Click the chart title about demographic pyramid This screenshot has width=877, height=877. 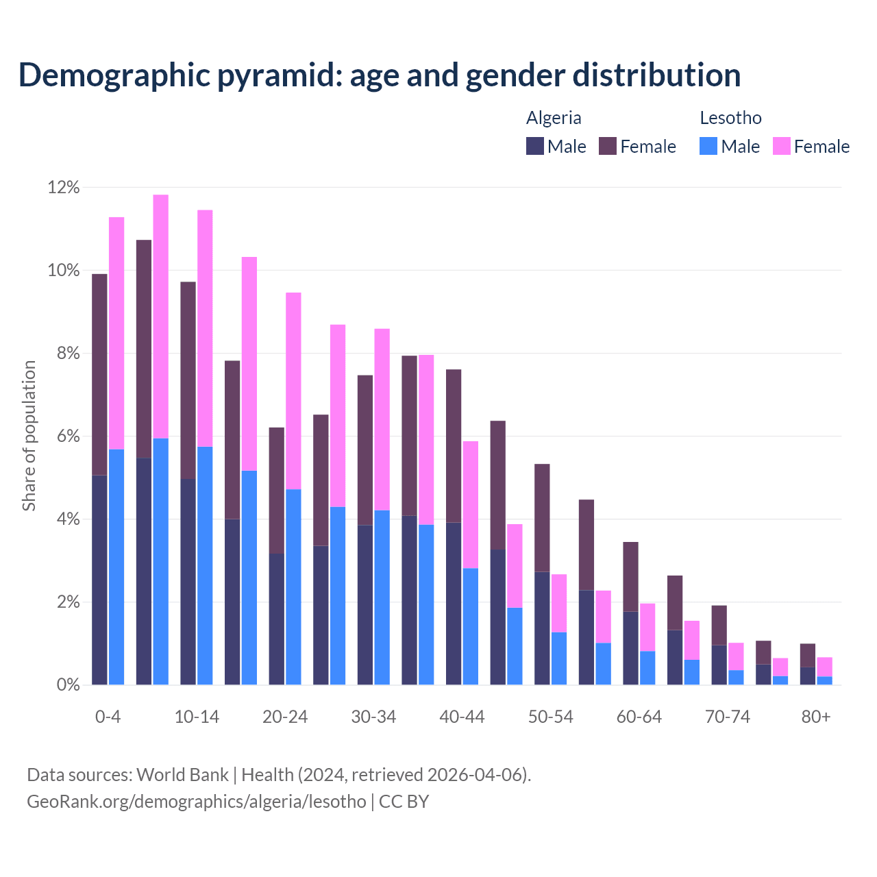[380, 75]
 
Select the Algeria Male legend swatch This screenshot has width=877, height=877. [535, 146]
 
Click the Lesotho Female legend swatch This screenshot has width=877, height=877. [782, 146]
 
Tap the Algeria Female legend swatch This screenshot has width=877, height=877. [608, 146]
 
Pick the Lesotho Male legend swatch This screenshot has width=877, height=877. [708, 146]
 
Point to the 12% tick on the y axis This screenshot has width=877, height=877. [64, 187]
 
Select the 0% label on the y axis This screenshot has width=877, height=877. [67, 685]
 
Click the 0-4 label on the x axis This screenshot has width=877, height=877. [108, 717]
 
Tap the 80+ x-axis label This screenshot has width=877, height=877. [816, 717]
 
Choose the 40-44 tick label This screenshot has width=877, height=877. [462, 717]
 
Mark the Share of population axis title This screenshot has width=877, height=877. [29, 436]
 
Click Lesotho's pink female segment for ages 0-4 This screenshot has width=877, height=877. [116, 333]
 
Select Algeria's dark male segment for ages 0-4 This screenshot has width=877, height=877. [99, 580]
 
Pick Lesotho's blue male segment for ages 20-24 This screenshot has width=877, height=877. [293, 586]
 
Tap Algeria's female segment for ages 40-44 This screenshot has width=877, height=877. [454, 446]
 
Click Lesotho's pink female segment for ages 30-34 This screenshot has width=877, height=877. [382, 419]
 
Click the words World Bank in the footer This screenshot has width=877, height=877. [182, 775]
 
